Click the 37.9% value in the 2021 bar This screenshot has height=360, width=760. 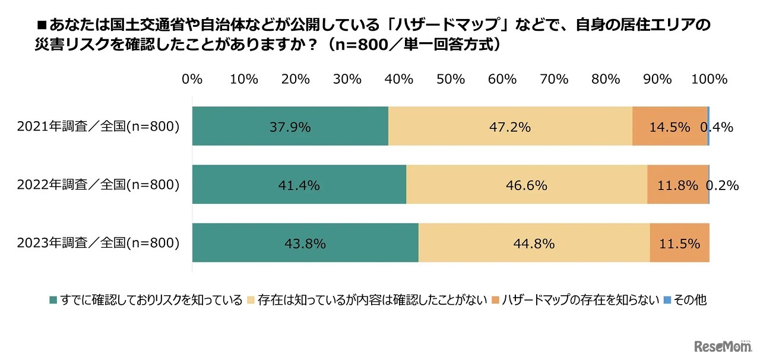(x=290, y=127)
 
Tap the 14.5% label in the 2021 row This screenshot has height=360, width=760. (x=670, y=127)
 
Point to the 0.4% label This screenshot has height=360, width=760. (x=717, y=127)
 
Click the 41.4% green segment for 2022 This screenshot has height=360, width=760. (x=299, y=185)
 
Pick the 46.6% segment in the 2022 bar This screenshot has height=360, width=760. (x=526, y=185)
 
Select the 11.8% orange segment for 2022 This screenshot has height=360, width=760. (x=677, y=185)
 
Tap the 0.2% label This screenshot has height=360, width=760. (x=722, y=185)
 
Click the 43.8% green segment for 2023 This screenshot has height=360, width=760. (x=305, y=244)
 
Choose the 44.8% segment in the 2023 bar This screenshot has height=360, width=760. (x=534, y=244)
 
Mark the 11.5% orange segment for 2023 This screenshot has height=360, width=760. (x=679, y=244)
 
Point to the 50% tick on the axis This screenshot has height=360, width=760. (x=451, y=80)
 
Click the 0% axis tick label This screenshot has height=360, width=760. (x=192, y=80)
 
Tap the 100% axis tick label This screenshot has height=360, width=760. (x=709, y=80)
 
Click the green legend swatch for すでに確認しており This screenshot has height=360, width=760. (x=53, y=300)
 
